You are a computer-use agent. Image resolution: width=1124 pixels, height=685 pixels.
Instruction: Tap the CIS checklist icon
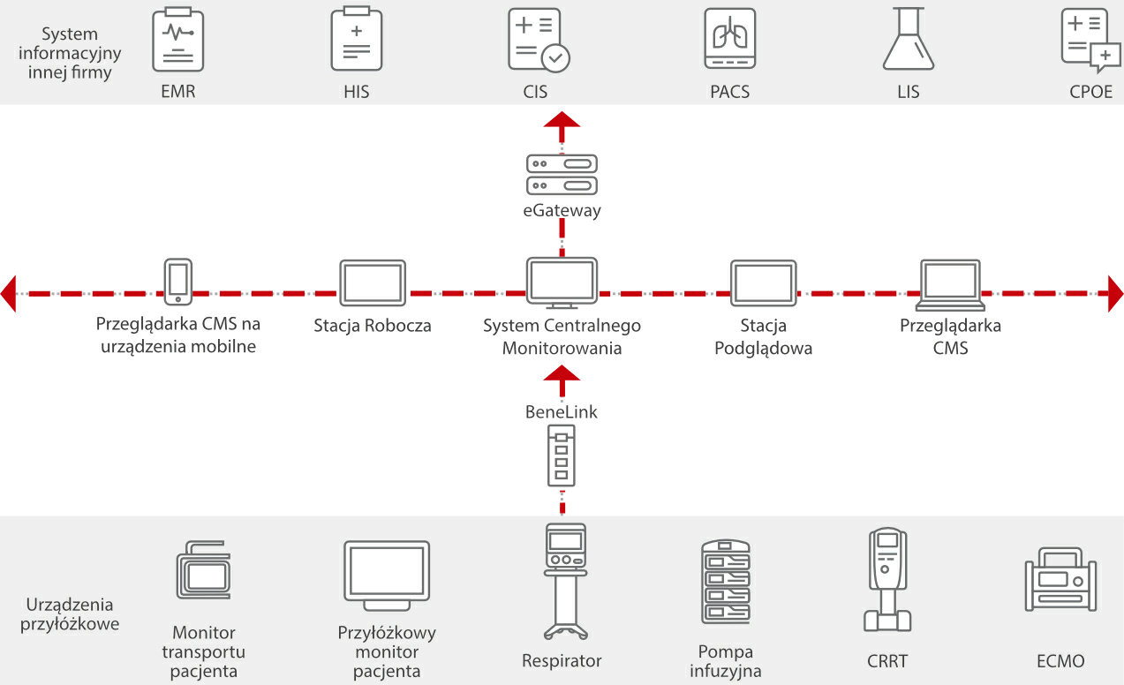coord(538,40)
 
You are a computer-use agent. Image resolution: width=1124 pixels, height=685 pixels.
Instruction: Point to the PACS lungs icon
coord(729,40)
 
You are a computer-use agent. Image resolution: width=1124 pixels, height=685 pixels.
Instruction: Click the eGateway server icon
coord(562,174)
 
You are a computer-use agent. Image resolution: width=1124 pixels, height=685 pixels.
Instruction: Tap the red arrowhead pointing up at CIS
coord(562,123)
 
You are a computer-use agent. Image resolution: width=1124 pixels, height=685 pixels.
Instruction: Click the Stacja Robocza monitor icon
coord(373,282)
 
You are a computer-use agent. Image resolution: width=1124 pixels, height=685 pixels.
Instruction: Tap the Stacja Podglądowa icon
coord(764,282)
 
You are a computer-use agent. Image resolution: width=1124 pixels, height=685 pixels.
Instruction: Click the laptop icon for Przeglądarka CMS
coord(950,284)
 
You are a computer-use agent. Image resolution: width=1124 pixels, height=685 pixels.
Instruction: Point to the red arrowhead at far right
coord(1114,293)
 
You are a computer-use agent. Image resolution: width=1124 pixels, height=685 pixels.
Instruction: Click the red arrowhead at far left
coord(9,293)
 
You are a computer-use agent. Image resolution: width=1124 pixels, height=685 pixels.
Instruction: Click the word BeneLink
coord(562,411)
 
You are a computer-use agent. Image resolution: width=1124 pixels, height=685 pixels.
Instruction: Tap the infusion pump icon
coord(725,583)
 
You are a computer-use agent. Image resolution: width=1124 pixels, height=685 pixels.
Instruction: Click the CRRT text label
coord(886,661)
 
